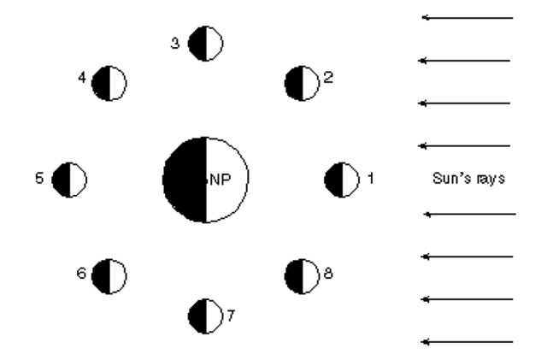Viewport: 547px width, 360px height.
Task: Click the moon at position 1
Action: coord(341,180)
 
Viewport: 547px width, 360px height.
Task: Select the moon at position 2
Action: coord(300,82)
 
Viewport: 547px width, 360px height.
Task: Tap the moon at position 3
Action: coord(205,43)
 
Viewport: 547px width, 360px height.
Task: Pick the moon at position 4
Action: coord(109,83)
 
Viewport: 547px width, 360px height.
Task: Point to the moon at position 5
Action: coord(69,180)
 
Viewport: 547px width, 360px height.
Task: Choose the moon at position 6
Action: coord(109,275)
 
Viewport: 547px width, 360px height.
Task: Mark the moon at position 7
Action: coord(205,315)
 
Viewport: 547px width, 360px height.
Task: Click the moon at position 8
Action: coord(300,275)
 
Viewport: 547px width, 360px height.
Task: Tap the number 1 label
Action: coord(370,179)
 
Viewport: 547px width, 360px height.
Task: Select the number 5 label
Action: coord(39,180)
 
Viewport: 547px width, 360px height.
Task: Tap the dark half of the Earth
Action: coord(184,180)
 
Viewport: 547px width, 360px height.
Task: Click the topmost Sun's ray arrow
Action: coord(467,17)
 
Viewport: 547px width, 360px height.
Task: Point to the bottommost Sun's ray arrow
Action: coord(469,342)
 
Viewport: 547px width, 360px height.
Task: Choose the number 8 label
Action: coord(328,274)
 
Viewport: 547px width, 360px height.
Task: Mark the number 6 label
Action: coord(80,274)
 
